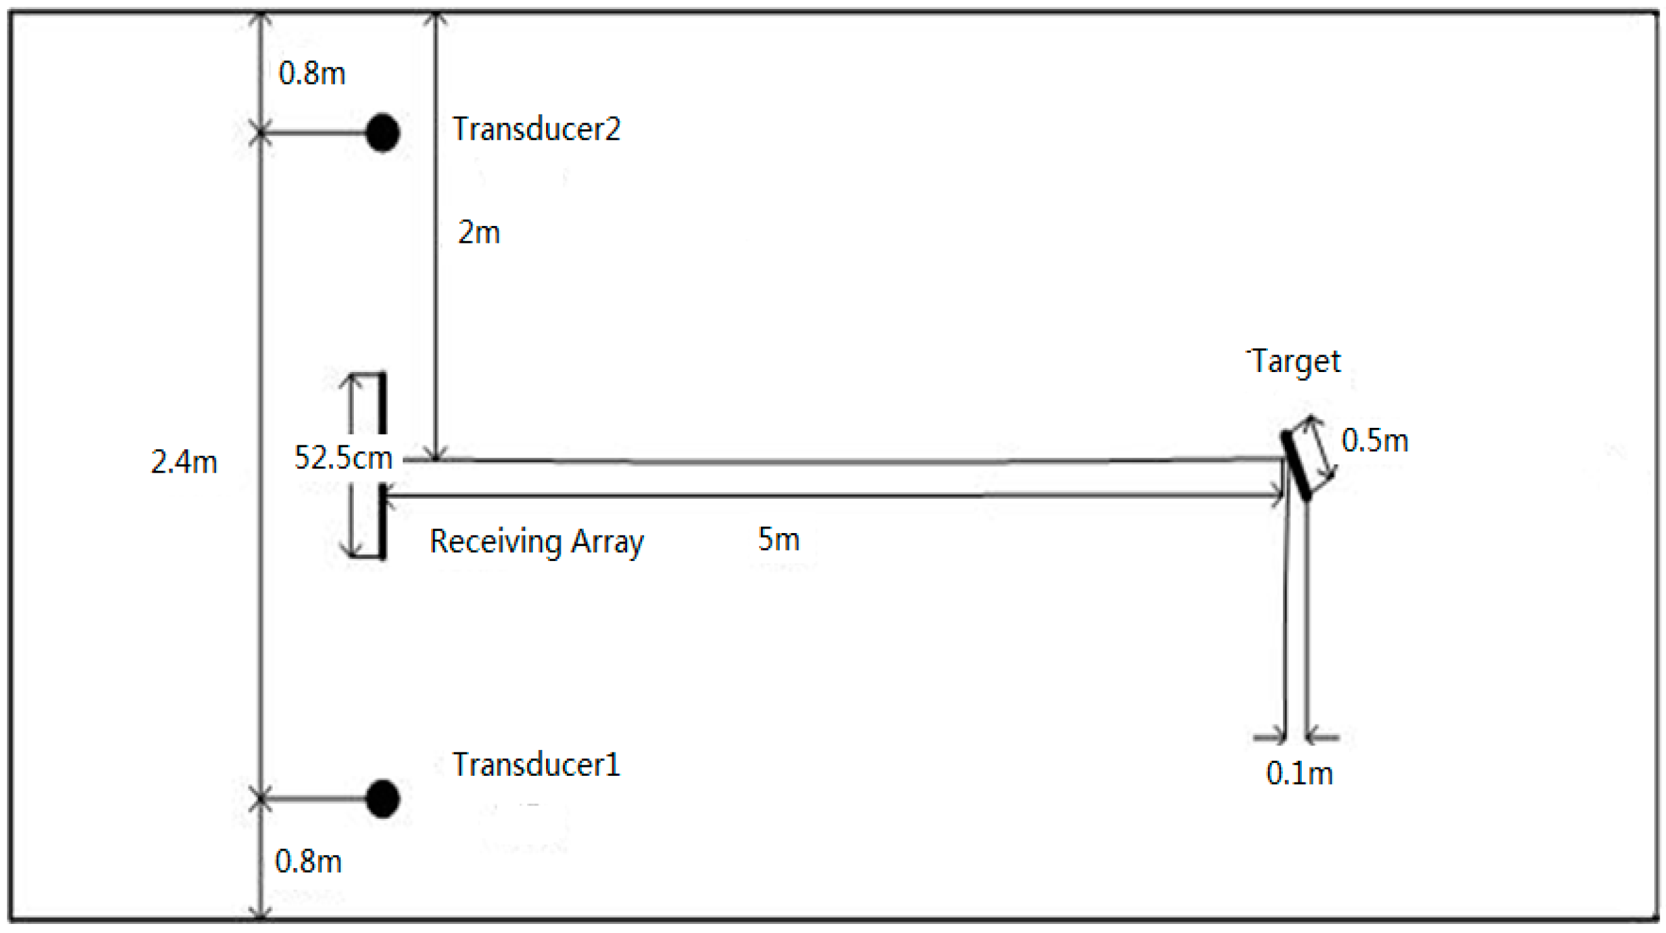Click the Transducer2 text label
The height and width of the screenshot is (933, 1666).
536,129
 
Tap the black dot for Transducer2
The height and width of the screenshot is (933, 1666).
382,133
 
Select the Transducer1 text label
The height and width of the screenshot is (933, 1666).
536,764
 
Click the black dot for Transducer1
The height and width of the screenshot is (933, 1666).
382,798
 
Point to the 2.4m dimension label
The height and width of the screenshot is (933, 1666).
184,462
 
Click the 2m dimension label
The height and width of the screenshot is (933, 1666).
479,232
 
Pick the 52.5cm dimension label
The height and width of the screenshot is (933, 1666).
343,458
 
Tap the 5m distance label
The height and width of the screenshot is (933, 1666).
778,539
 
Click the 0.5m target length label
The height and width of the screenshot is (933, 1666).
1374,440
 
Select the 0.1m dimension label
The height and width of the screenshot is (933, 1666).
1299,773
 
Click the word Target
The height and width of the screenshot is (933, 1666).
1296,362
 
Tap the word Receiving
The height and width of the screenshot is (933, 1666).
495,541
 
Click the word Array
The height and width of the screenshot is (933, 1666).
607,542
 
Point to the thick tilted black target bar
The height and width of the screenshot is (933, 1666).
1297,466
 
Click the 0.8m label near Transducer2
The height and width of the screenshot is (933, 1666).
312,73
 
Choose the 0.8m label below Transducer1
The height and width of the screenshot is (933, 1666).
308,862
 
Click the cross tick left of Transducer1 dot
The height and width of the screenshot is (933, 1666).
260,799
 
